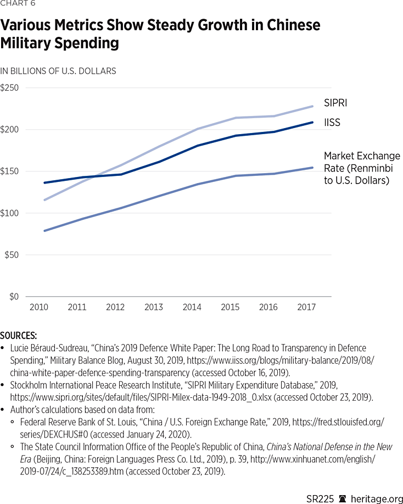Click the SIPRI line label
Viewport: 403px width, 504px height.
point(335,103)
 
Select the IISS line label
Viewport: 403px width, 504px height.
point(332,123)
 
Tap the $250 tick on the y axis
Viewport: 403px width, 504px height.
point(9,88)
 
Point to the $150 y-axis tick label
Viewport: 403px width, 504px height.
point(9,171)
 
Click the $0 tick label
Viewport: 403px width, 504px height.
point(13,297)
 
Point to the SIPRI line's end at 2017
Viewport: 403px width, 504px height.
point(313,106)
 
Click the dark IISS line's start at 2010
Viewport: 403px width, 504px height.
point(44,182)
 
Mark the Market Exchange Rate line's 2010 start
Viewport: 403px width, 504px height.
point(44,231)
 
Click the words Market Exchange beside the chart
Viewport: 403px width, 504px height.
point(362,156)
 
